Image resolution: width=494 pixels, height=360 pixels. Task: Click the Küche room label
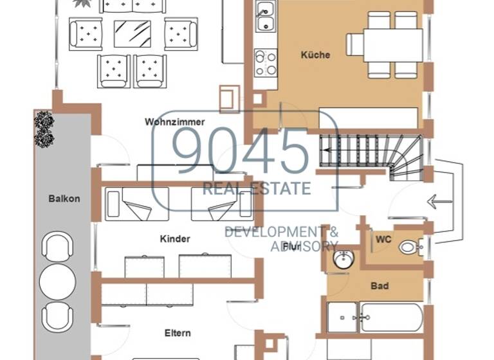click(315, 55)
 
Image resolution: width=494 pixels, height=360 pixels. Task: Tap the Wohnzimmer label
click(175, 122)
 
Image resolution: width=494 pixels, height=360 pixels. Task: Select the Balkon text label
click(64, 199)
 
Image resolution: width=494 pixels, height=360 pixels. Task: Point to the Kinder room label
click(175, 239)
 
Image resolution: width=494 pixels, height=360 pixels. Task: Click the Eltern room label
click(178, 333)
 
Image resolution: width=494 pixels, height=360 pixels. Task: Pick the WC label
click(383, 239)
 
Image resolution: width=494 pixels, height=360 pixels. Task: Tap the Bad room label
click(380, 285)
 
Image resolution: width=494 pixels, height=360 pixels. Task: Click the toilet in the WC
click(409, 247)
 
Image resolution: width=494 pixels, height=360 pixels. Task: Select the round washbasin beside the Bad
click(343, 260)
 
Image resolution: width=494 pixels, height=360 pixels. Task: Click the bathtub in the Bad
click(391, 317)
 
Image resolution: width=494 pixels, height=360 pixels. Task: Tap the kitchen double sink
click(265, 17)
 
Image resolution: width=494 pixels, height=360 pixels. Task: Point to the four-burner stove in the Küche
click(265, 63)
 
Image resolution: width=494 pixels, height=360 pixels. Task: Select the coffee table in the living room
click(133, 33)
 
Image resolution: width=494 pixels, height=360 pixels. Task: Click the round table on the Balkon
click(58, 281)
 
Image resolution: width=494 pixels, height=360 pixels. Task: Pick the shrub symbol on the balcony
click(44, 129)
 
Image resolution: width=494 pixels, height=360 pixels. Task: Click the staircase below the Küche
click(370, 156)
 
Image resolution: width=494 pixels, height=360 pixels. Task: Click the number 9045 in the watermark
click(242, 150)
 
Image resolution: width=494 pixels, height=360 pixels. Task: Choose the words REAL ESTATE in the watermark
click(257, 189)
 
